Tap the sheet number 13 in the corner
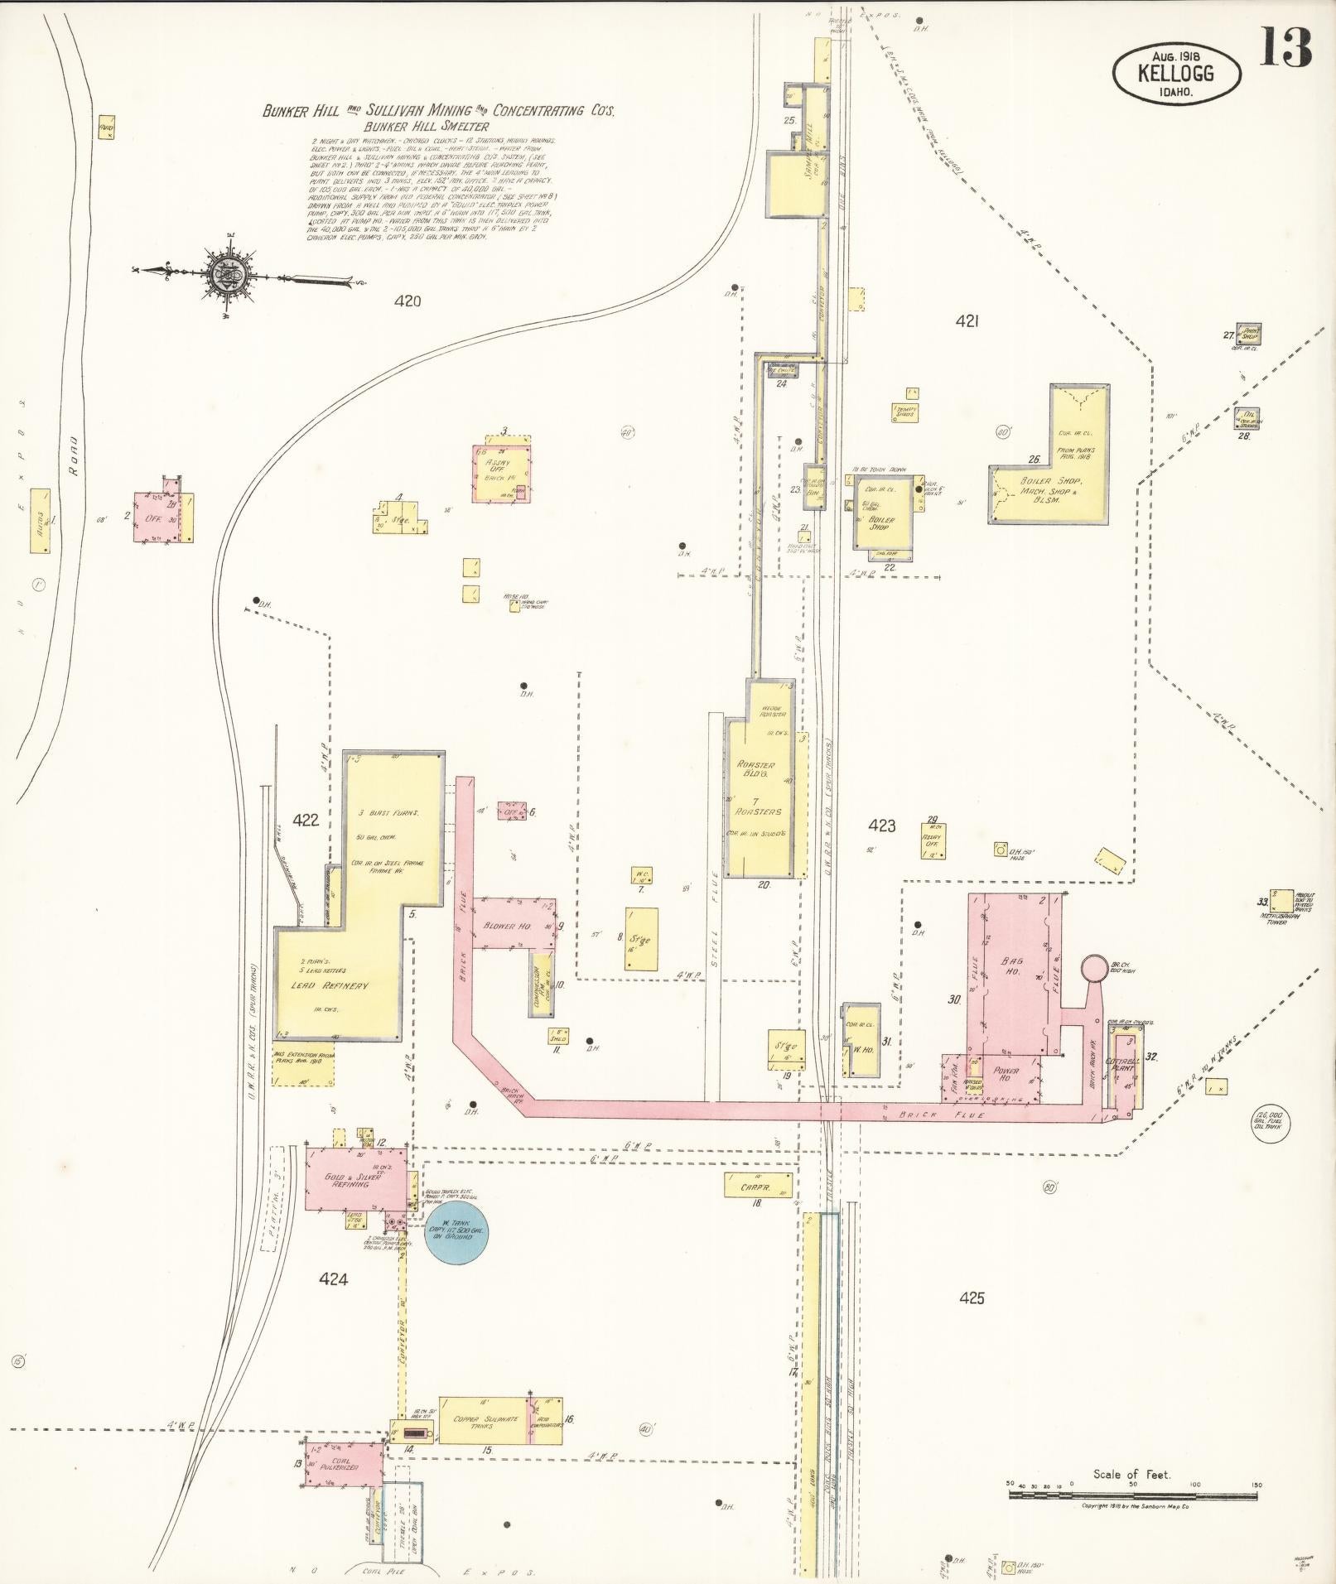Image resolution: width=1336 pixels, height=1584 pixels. (x=1285, y=48)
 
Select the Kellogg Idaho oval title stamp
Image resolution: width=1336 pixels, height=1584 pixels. (x=1176, y=73)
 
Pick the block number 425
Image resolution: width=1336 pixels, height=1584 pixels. (x=972, y=1298)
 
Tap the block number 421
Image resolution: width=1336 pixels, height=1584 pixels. (x=967, y=321)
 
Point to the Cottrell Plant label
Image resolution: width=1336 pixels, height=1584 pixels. (x=1123, y=1065)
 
